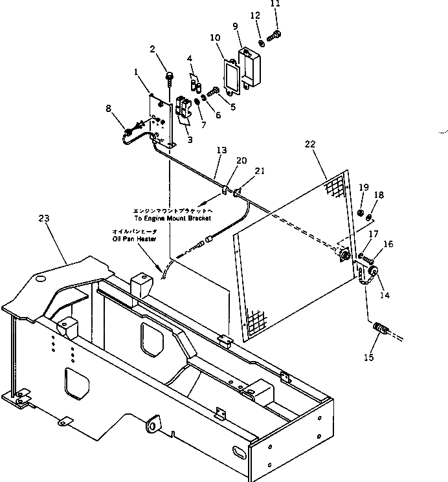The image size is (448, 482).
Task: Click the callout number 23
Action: coord(44,219)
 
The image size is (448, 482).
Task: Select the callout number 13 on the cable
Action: coord(221,151)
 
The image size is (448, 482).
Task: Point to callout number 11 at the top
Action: coord(275,4)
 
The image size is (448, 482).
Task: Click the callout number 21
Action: coord(260,171)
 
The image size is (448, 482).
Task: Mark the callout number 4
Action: coord(190,59)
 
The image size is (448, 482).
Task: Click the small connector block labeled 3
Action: coord(183,107)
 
